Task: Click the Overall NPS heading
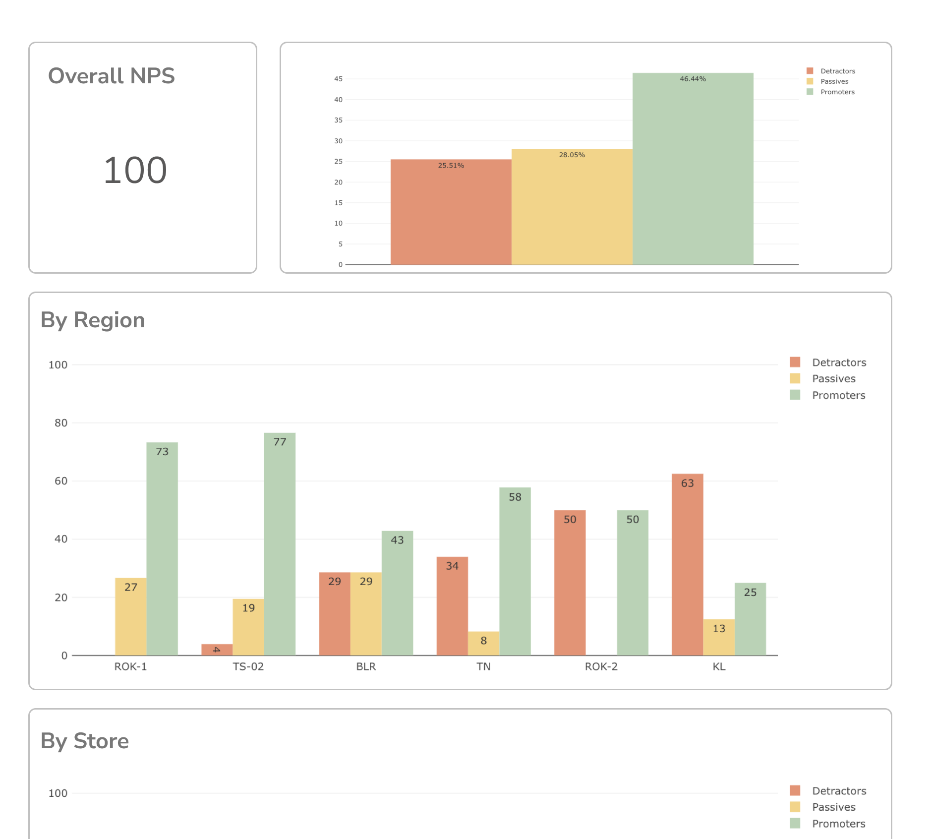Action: [x=112, y=76]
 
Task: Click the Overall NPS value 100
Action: [x=135, y=170]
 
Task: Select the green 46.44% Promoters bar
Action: [x=693, y=169]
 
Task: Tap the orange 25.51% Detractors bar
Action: [x=451, y=212]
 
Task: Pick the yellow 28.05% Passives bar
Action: [x=572, y=207]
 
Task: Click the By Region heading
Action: [x=93, y=320]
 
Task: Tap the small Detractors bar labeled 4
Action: [x=217, y=650]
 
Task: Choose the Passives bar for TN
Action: [x=483, y=643]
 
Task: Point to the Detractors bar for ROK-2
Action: [x=570, y=583]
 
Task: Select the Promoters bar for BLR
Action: [x=397, y=593]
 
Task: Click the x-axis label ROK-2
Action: [x=601, y=666]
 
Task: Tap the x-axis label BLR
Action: [x=366, y=666]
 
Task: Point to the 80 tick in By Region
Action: [x=61, y=423]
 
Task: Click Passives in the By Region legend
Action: [x=833, y=379]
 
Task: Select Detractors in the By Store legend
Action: [x=839, y=791]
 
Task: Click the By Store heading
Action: [x=85, y=741]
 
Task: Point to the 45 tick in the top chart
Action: [x=338, y=79]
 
